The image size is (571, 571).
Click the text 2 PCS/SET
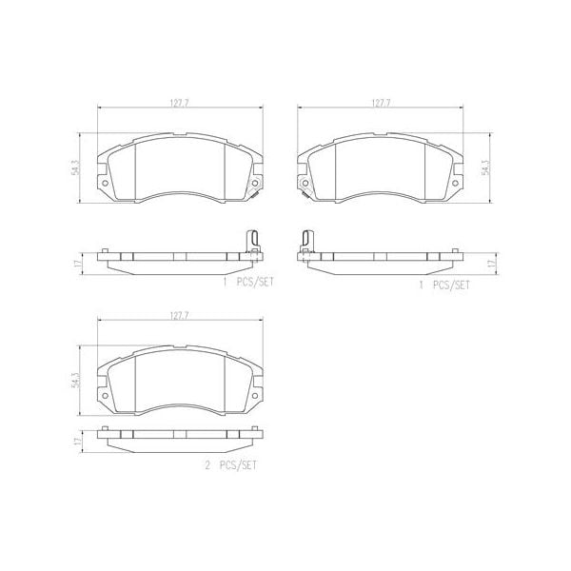coord(231,465)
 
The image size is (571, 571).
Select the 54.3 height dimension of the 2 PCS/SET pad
coord(74,381)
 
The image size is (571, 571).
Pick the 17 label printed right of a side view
coord(491,264)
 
